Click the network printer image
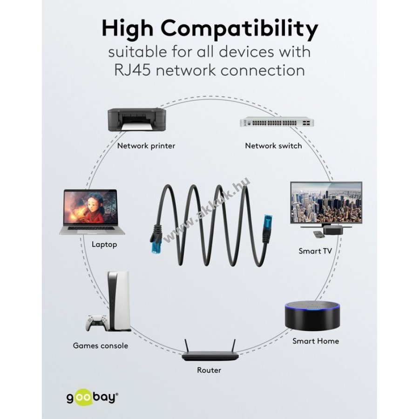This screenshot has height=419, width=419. pyautogui.click(x=136, y=120)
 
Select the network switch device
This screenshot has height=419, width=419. pyautogui.click(x=277, y=122)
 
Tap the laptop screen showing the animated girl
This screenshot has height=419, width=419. pyautogui.click(x=90, y=207)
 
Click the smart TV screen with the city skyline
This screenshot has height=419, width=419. pyautogui.click(x=326, y=203)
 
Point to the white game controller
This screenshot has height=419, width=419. pyautogui.click(x=97, y=322)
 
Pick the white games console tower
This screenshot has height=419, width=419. pyautogui.click(x=119, y=301)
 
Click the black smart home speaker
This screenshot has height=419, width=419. pyautogui.click(x=312, y=317)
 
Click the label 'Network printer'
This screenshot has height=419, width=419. pyautogui.click(x=146, y=146)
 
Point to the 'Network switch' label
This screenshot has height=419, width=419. pyautogui.click(x=273, y=146)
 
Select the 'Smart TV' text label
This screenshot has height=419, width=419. pyautogui.click(x=315, y=251)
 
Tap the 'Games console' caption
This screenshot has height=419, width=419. pyautogui.click(x=101, y=346)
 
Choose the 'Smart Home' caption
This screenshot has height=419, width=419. pyautogui.click(x=316, y=341)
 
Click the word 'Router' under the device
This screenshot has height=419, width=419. pyautogui.click(x=209, y=371)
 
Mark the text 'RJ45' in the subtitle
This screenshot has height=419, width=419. pyautogui.click(x=133, y=71)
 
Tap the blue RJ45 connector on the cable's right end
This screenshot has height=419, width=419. pyautogui.click(x=268, y=223)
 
